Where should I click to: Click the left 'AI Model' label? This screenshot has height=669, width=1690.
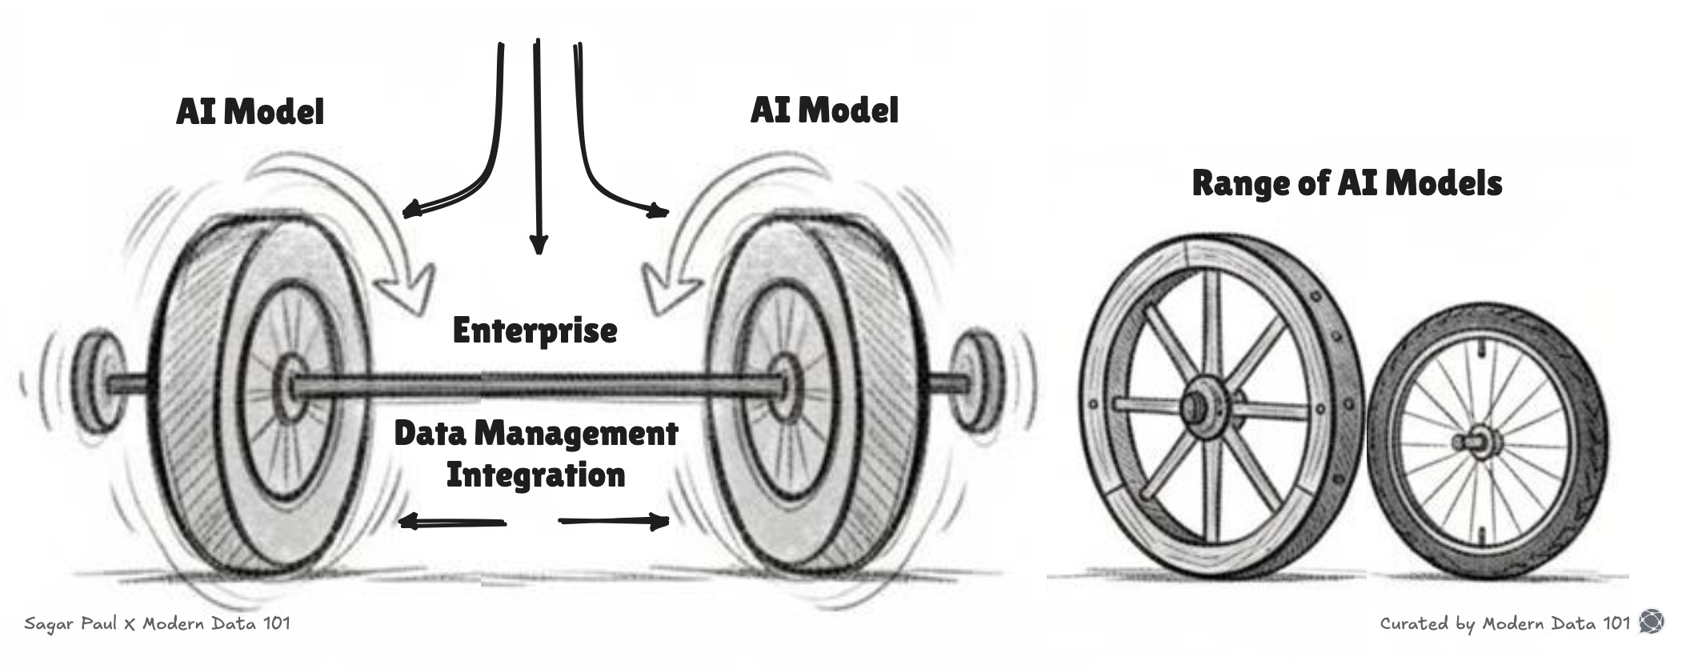(250, 111)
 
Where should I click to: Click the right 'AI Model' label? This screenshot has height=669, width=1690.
(824, 110)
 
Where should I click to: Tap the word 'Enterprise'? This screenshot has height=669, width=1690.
(535, 330)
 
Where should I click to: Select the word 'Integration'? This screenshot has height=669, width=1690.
(535, 475)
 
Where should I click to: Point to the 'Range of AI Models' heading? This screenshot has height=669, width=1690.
(1347, 183)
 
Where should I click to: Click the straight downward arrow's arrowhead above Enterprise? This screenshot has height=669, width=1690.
(539, 243)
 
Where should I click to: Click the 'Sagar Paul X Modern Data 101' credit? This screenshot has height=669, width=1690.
(158, 623)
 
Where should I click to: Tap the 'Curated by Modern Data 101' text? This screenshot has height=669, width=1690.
(1504, 623)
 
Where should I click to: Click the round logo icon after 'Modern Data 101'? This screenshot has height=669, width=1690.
(1652, 622)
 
